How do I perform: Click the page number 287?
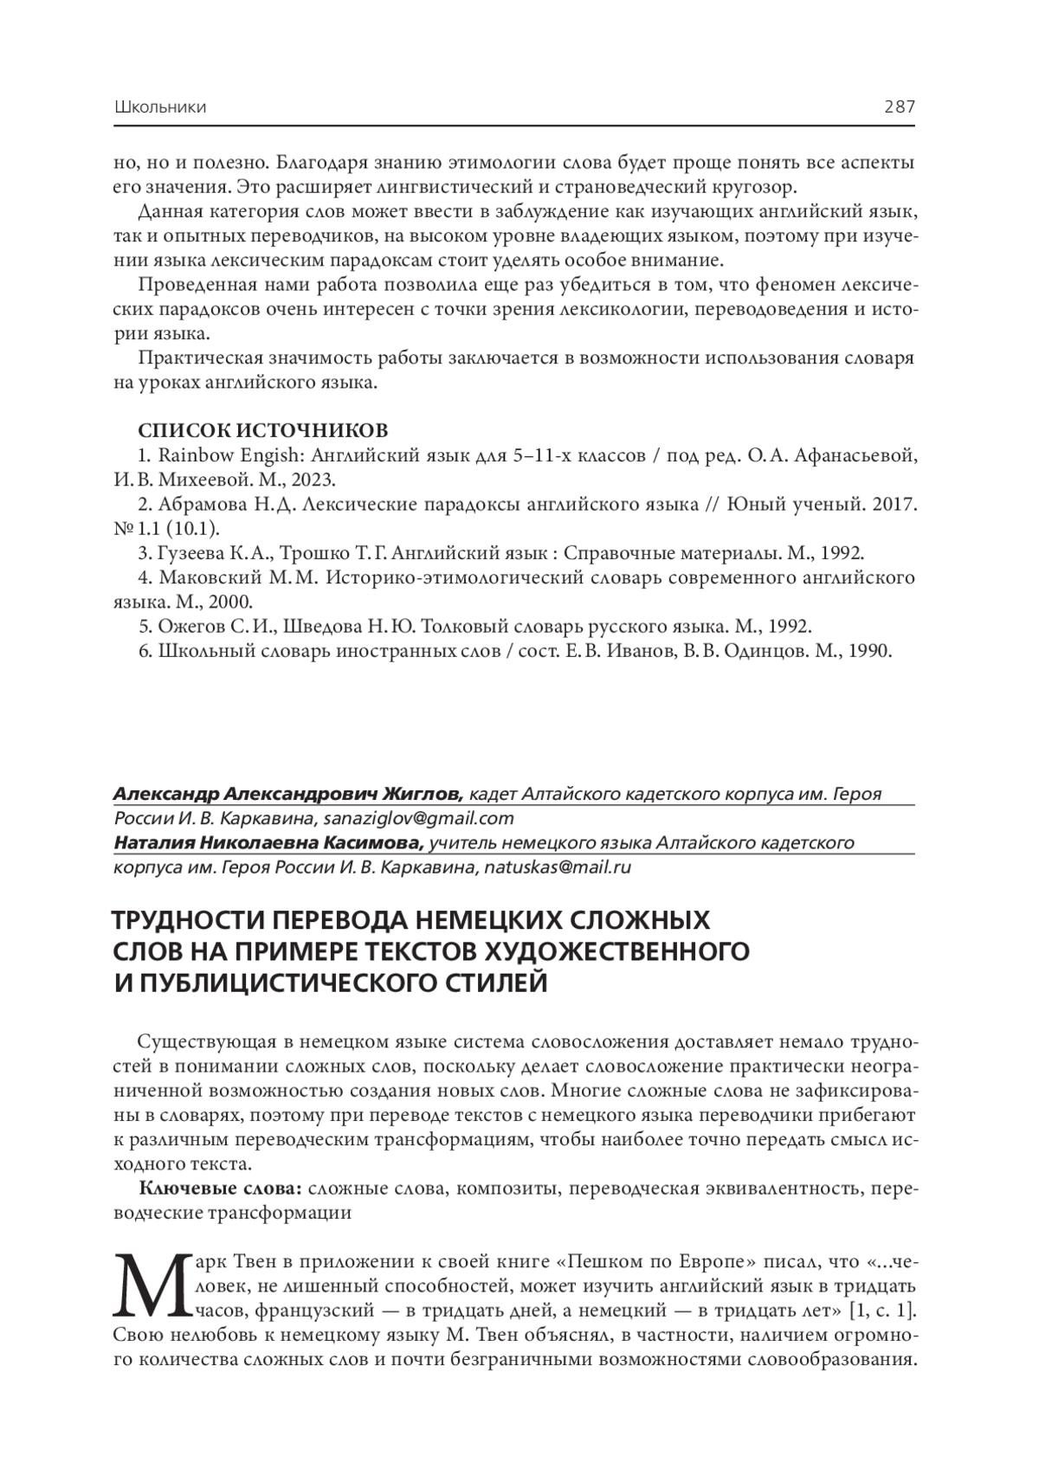pyautogui.click(x=899, y=107)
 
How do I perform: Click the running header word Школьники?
pyautogui.click(x=159, y=108)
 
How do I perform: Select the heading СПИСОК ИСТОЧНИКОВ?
pyautogui.click(x=263, y=430)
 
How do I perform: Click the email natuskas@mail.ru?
pyautogui.click(x=558, y=867)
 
